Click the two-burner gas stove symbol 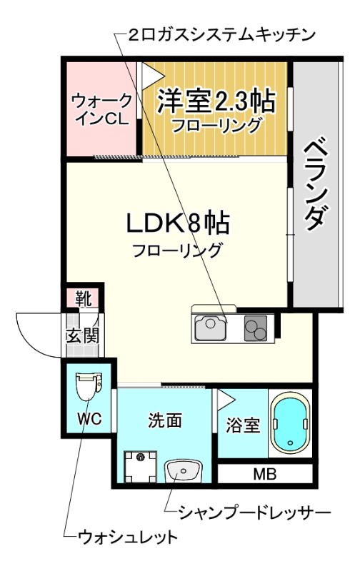[255, 328]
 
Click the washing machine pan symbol [141, 468]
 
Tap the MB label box [264, 473]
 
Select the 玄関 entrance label [82, 333]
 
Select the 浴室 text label [242, 425]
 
